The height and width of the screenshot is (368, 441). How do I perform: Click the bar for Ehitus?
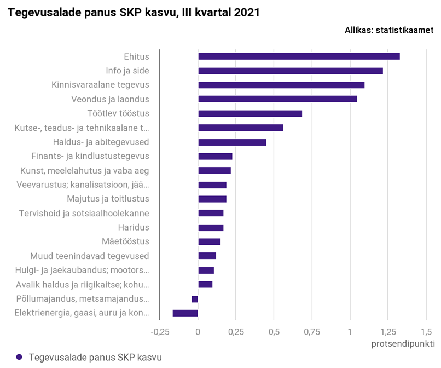(x=299, y=56)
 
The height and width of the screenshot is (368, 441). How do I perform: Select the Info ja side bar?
(x=290, y=71)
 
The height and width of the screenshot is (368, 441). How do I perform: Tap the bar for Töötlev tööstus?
(x=250, y=113)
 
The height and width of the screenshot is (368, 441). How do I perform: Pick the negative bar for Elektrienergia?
(x=185, y=313)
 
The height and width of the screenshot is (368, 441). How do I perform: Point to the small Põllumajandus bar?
(x=195, y=299)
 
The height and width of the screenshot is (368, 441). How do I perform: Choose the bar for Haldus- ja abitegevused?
(x=232, y=142)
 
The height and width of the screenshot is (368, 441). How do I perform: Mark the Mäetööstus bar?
(x=209, y=242)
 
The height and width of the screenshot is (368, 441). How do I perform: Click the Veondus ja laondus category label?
(x=110, y=99)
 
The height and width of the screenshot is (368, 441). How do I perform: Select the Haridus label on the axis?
(x=134, y=227)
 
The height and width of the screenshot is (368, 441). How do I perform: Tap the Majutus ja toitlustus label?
(x=108, y=199)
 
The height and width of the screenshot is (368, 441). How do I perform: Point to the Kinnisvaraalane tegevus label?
(x=100, y=85)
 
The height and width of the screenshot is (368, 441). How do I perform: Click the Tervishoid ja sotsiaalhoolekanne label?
(x=84, y=213)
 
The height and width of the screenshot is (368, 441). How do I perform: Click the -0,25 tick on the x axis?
(x=160, y=331)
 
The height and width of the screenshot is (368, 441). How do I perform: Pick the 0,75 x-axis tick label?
(x=312, y=331)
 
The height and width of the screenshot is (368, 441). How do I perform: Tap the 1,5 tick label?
(x=426, y=331)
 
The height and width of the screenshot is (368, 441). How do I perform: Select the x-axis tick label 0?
(x=198, y=331)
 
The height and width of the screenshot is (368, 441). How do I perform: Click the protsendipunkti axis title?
(x=403, y=344)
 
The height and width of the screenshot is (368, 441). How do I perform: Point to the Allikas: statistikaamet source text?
(x=388, y=30)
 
